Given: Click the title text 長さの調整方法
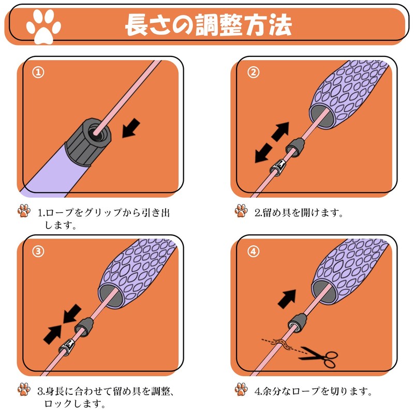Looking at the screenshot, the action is click(209, 25).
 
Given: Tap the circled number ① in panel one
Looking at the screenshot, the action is click(38, 72).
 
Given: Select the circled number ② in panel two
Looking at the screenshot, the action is click(253, 72).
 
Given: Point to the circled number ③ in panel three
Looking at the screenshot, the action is click(38, 252).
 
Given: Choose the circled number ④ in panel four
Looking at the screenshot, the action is click(253, 252).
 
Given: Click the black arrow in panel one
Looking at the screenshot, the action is click(131, 128).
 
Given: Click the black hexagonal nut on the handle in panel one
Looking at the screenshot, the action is click(88, 141).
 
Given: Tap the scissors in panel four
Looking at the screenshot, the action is click(318, 357).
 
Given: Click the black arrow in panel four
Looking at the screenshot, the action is click(287, 299).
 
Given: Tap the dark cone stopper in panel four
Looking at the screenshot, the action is click(298, 323).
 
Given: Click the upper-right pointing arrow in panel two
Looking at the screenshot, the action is click(280, 131).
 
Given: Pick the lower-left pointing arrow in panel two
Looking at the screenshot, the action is click(263, 153).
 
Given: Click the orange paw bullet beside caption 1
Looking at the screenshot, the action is click(24, 211).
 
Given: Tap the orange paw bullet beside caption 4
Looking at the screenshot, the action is click(241, 389).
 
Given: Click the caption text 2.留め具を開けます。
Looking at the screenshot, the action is click(299, 212).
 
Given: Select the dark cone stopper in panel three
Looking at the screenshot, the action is click(84, 327).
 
